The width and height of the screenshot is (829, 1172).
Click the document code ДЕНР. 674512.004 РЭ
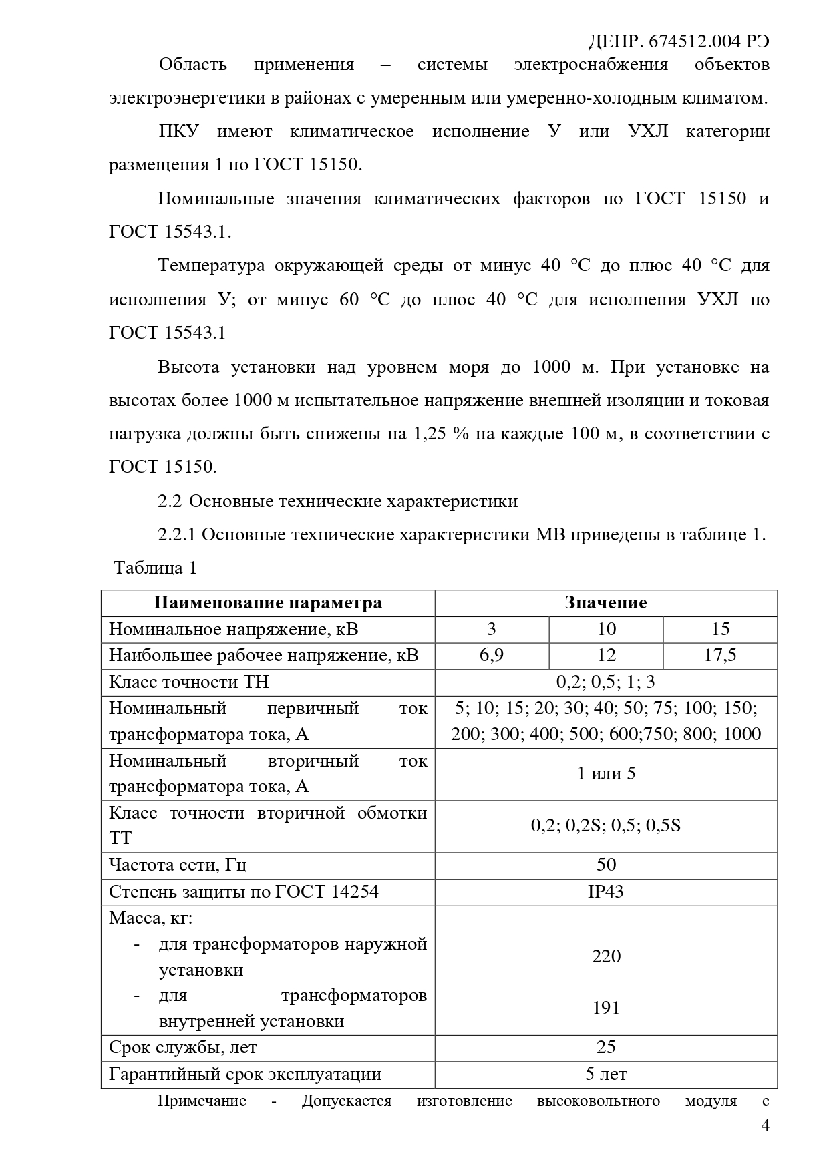point(678,41)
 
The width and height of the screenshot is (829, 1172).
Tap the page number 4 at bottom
point(766,1126)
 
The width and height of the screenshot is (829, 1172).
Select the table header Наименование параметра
point(268,603)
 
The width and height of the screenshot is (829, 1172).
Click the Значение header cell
point(606,603)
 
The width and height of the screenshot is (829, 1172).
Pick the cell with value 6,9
point(492,656)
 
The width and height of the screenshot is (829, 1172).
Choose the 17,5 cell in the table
point(720,656)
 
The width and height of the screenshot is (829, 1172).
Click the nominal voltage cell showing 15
point(720,629)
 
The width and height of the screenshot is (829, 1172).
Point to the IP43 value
point(606,892)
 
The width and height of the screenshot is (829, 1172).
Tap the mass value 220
point(606,956)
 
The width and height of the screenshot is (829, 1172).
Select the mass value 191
point(606,1008)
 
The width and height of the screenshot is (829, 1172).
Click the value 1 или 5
point(606,774)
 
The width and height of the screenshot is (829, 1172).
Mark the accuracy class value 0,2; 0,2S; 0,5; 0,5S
point(606,826)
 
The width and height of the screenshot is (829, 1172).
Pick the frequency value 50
point(606,865)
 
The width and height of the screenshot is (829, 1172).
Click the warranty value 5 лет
point(606,1075)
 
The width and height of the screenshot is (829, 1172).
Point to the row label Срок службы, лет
point(182,1048)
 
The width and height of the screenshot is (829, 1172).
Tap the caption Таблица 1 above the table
point(156,568)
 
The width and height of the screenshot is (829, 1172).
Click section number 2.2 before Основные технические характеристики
point(169,502)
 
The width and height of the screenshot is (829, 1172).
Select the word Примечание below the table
point(202,1101)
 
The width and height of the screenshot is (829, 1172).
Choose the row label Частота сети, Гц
point(178,865)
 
